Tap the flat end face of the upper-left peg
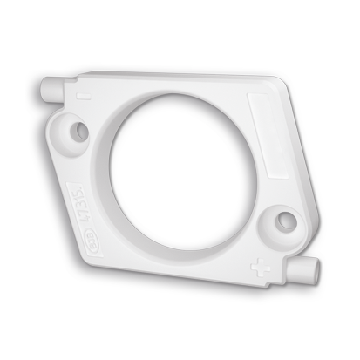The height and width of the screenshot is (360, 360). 44,87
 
